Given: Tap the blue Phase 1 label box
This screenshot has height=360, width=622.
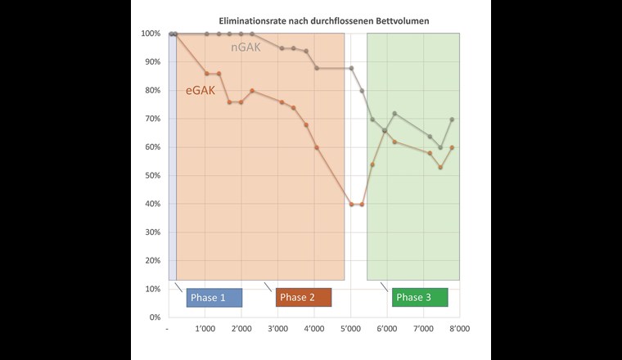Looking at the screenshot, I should tap(214, 296).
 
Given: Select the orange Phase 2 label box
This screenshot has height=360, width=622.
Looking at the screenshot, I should tap(304, 296).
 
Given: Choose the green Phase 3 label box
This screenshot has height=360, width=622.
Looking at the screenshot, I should tap(420, 296).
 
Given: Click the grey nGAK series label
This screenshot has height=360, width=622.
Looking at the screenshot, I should tap(246, 47).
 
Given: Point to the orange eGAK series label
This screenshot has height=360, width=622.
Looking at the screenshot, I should tap(201, 90).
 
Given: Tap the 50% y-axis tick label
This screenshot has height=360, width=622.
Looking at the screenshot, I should tap(151, 175).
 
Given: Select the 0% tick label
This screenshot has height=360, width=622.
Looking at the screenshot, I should tap(154, 317).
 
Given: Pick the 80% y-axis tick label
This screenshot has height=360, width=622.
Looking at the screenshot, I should tap(151, 90).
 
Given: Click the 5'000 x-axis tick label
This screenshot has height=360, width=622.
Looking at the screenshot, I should tap(350, 329).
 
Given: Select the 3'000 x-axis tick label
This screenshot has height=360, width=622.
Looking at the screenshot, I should tap(277, 329).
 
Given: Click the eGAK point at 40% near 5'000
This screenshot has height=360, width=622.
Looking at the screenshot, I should tap(351, 204).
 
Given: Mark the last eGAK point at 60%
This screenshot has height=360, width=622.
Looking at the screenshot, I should tap(452, 147).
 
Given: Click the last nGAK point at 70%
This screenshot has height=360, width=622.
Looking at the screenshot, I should tap(452, 119).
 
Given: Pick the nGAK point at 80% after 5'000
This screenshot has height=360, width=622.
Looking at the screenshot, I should tap(362, 91).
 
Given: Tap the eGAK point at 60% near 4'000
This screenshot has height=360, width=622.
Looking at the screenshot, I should tap(317, 147).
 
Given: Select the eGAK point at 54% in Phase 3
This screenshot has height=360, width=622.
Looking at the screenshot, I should tap(372, 164).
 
